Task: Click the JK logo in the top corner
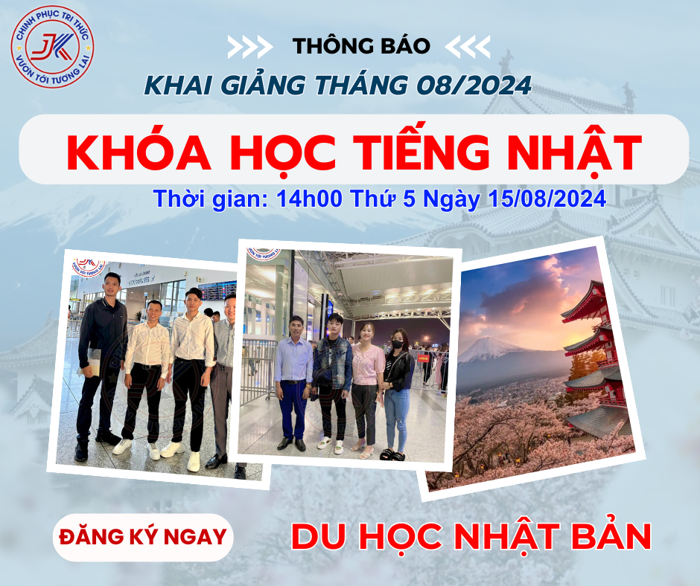pos(52,47)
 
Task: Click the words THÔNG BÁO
pos(361,45)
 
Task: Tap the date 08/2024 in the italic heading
pos(474,85)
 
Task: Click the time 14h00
pos(309,199)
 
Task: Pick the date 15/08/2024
pos(547,199)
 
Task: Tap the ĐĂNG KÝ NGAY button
pos(143,537)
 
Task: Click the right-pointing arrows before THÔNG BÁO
pos(250,46)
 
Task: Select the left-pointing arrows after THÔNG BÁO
pos(468,46)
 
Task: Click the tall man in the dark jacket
pos(100,366)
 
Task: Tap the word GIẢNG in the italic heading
pos(263,85)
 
